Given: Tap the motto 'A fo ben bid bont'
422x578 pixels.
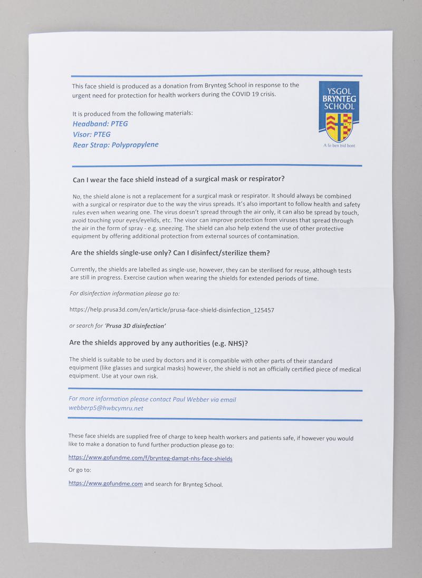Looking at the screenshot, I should [x=339, y=145].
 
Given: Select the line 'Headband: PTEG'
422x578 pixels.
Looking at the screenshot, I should [x=100, y=124].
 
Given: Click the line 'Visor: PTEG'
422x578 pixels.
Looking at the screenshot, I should [x=92, y=134].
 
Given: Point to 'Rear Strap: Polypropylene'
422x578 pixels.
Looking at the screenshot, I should [x=116, y=144].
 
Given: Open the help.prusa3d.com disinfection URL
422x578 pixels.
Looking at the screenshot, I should [x=171, y=310].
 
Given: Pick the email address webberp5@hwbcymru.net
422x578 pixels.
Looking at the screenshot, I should [x=106, y=408].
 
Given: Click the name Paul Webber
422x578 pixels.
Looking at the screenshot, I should [x=191, y=399].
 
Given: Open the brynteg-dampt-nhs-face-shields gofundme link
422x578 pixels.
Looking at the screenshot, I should [x=150, y=458].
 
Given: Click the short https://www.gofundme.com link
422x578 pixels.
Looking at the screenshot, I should [x=105, y=483].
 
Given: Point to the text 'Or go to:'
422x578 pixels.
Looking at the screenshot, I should [x=80, y=470].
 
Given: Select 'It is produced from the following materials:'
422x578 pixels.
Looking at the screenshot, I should [x=132, y=113].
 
